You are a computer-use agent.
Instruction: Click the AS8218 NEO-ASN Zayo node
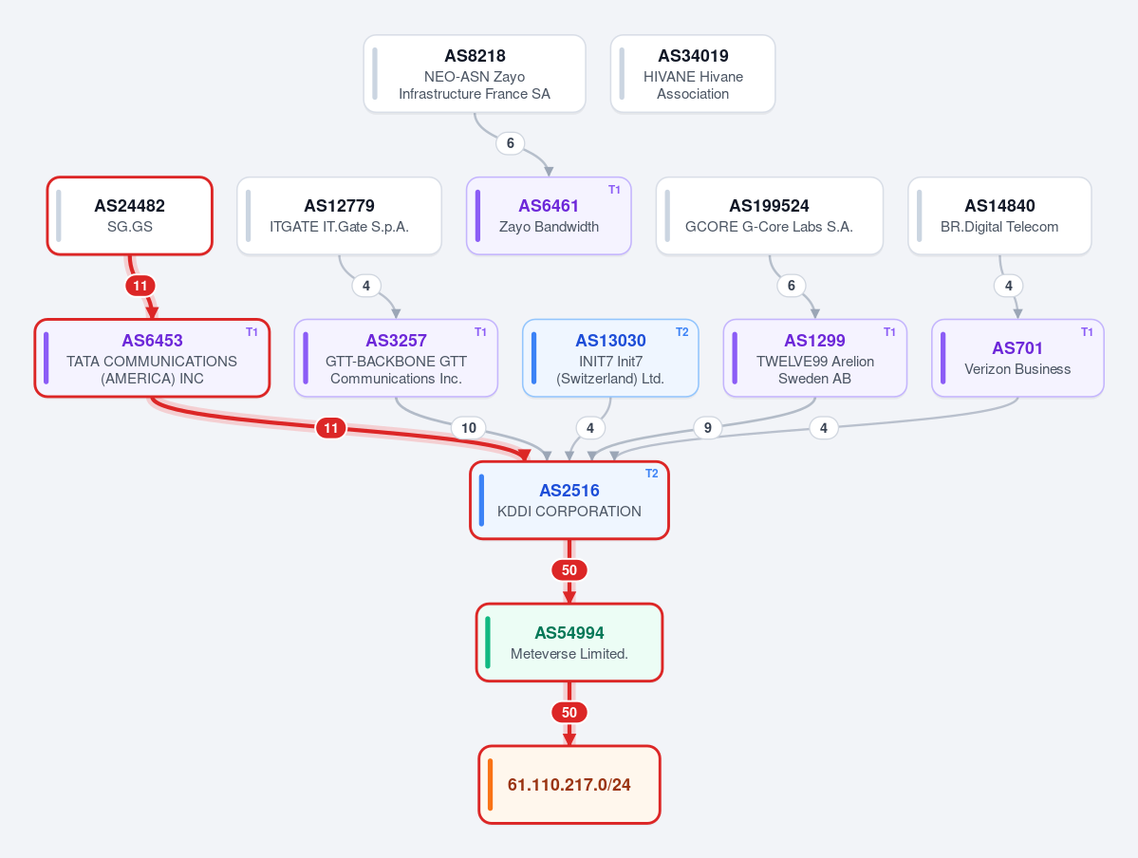click(x=475, y=74)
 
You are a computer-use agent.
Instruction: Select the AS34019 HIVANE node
click(x=693, y=74)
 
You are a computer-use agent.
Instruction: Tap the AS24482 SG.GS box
click(x=130, y=215)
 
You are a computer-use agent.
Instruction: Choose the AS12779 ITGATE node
click(x=339, y=215)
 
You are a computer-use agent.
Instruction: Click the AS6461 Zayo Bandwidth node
click(x=549, y=215)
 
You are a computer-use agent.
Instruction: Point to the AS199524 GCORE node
click(x=770, y=215)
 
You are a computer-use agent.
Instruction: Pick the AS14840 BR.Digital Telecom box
click(x=999, y=215)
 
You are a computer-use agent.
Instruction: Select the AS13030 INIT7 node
click(x=610, y=358)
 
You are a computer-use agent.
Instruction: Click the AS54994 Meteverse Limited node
click(x=569, y=643)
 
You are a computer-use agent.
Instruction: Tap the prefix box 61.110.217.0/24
click(x=569, y=785)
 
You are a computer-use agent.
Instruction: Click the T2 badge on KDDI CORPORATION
click(x=652, y=474)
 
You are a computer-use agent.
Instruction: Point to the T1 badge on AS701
click(x=1087, y=332)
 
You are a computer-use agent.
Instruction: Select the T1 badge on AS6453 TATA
click(x=252, y=332)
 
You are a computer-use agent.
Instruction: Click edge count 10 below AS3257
click(x=469, y=428)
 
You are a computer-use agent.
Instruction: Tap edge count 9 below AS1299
click(x=708, y=428)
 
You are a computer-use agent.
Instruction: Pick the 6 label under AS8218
click(x=511, y=143)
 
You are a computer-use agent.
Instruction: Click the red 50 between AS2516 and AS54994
click(x=569, y=570)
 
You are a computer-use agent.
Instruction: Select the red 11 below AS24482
click(x=140, y=286)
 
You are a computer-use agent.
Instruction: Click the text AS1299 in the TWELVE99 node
click(x=814, y=341)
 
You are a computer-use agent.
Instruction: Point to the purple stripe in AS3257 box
click(x=306, y=358)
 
